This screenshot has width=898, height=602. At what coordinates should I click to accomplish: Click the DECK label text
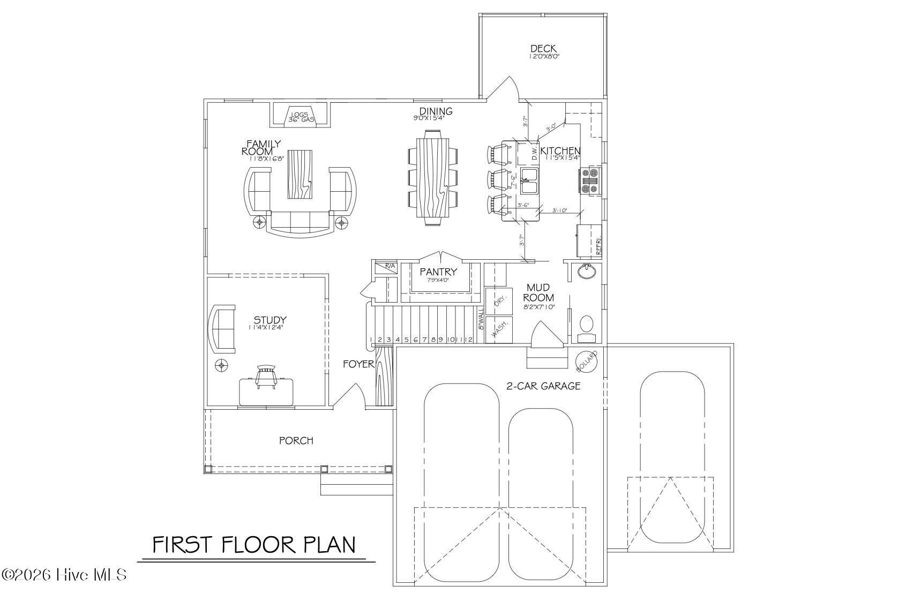coord(543,49)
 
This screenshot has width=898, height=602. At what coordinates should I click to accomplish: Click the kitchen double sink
coord(530,180)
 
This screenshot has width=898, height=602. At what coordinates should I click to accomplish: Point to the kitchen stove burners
coord(592,180)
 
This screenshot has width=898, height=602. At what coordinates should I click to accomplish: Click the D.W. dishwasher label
coord(534,154)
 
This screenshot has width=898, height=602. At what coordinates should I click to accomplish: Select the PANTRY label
coord(438,272)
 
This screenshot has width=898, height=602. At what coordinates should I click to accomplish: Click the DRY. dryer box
coord(498,302)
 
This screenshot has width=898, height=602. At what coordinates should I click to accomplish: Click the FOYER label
coord(358,364)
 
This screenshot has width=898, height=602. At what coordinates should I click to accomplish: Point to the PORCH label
coord(296,441)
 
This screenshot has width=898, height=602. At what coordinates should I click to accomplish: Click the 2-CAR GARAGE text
coord(543,386)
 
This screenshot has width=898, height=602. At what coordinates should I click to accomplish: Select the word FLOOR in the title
coord(258,545)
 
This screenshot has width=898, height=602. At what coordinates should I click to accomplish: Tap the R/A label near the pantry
coord(390,266)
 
